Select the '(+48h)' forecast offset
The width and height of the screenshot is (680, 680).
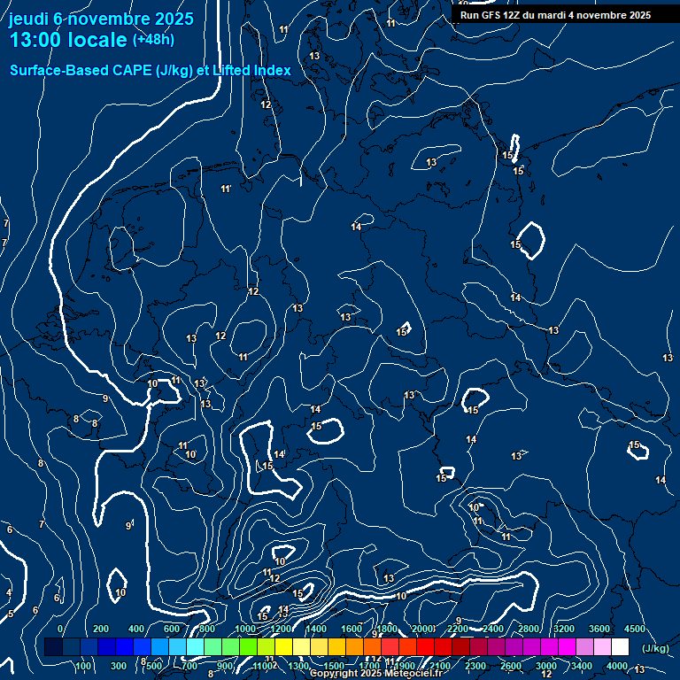[x=153, y=40]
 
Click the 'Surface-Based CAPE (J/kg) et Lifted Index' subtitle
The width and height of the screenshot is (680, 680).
[x=151, y=70]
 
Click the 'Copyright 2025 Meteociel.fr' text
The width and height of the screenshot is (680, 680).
[x=375, y=674]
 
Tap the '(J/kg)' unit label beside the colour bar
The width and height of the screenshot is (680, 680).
[x=655, y=648]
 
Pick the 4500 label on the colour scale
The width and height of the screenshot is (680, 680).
[x=634, y=629]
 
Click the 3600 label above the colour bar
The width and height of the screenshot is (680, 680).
[x=599, y=629]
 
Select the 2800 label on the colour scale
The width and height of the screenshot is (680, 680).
[x=529, y=629]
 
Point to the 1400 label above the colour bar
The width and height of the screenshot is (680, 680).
[x=316, y=629]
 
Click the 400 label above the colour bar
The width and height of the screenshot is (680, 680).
[x=137, y=629]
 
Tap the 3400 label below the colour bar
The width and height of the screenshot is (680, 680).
[x=582, y=666]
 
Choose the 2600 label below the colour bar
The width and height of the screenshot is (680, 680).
[x=511, y=666]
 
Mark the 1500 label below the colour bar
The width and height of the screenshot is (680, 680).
[x=334, y=666]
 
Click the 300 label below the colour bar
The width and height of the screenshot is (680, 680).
[x=120, y=666]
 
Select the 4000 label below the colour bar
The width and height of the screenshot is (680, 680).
[x=617, y=666]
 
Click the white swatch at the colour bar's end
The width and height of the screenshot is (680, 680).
[x=620, y=647]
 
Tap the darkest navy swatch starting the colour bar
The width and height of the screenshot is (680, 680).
[x=53, y=647]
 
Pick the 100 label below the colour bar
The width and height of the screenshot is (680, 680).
[x=84, y=666]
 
